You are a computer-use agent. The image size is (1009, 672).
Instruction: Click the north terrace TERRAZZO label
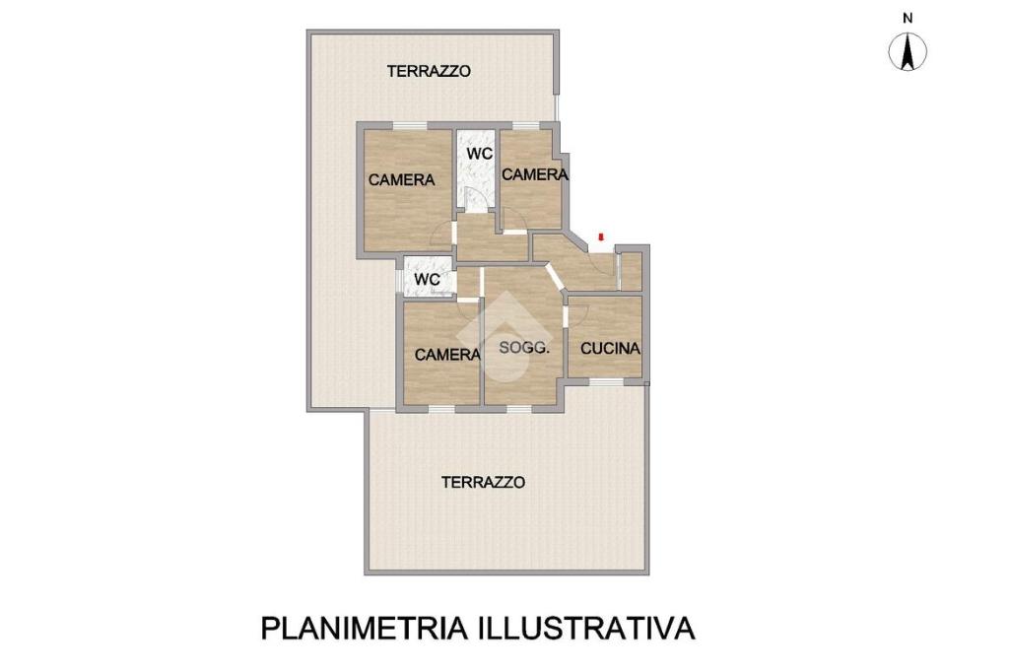[429, 71]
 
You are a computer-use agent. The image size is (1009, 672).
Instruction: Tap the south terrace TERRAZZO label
[483, 482]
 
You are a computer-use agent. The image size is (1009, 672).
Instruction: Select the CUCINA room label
[610, 348]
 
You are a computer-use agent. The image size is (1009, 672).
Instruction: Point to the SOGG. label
[524, 348]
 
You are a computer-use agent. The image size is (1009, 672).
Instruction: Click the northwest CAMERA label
[402, 179]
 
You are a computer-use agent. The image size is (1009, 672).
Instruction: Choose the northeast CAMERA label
[535, 174]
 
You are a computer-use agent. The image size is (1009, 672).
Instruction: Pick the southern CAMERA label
[447, 355]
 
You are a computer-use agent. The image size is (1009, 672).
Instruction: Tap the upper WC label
[480, 154]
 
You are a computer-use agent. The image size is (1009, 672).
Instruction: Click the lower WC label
[428, 280]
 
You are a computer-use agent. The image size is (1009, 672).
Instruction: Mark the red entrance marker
[601, 236]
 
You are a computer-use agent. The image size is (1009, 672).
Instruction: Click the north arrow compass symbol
[908, 52]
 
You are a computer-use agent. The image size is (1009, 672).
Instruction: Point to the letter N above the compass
[908, 19]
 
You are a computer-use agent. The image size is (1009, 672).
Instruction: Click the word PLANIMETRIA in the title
[365, 629]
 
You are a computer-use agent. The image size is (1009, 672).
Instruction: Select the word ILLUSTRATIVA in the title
[586, 629]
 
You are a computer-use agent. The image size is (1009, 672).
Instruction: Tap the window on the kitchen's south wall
[606, 381]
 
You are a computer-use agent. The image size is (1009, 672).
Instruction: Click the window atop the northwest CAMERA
[410, 125]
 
